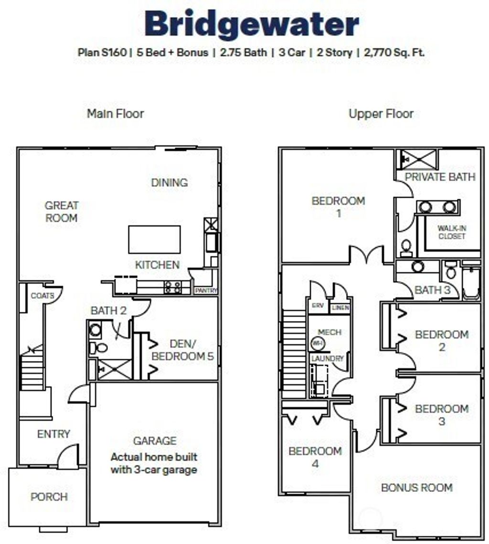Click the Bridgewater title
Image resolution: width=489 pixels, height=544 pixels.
(252, 23)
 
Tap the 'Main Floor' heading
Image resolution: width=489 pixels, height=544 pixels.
(115, 114)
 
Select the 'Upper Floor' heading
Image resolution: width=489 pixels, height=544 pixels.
(381, 114)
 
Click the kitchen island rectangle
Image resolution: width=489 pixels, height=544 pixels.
(154, 240)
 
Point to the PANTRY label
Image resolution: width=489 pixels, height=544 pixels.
(206, 290)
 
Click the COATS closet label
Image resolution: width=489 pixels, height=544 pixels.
(42, 296)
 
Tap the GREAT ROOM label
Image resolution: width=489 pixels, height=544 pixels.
(62, 212)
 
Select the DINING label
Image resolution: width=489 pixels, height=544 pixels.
(169, 182)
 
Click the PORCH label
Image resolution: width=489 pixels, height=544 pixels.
(49, 497)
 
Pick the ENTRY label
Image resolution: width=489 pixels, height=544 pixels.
(53, 434)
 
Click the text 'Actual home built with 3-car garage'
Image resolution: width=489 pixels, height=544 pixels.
(154, 463)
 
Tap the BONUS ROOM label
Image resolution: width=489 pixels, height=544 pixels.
(416, 488)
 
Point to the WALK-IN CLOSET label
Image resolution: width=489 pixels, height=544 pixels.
(451, 233)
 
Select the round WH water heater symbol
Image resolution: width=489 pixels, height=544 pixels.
(317, 343)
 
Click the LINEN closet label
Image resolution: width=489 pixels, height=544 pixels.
(340, 308)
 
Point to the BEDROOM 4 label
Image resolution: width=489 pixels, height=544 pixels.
(315, 457)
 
